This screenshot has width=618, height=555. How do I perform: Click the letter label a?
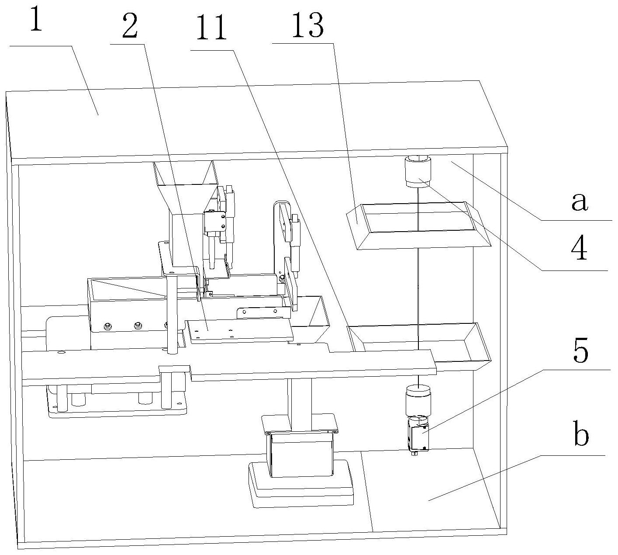click(x=579, y=201)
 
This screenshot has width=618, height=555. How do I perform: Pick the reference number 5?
click(x=580, y=350)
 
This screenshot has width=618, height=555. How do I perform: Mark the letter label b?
click(x=580, y=435)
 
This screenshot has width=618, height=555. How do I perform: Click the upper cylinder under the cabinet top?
click(x=418, y=172)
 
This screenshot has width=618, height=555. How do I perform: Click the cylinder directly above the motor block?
click(x=418, y=400)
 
